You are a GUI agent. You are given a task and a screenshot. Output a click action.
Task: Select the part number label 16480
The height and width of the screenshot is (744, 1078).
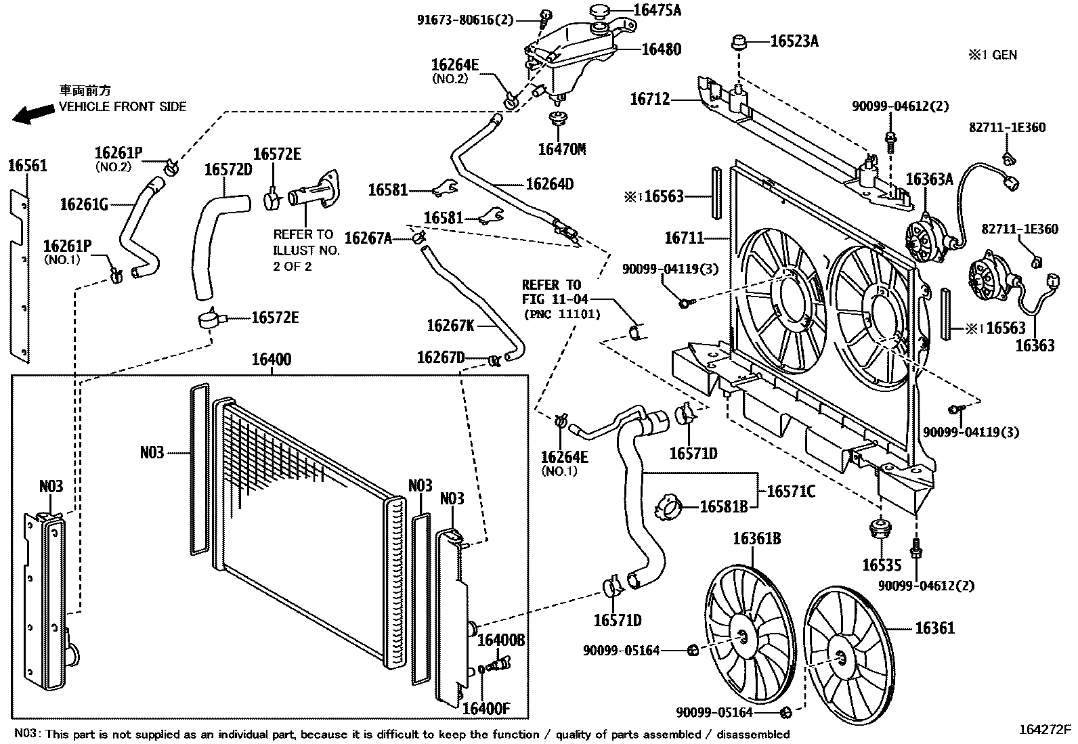click(661, 49)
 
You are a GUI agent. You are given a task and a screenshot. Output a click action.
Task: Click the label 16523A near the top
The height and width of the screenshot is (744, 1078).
click(794, 41)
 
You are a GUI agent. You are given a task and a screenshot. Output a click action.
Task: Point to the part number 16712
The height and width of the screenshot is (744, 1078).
click(649, 100)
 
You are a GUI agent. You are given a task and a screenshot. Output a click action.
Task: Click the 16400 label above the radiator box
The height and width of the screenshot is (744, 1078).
click(271, 359)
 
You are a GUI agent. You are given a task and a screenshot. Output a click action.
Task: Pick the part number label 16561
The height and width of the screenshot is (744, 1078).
click(28, 165)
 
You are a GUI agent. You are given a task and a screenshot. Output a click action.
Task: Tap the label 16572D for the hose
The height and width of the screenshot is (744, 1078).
click(228, 169)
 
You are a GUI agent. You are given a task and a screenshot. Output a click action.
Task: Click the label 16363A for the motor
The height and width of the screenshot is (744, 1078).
click(929, 179)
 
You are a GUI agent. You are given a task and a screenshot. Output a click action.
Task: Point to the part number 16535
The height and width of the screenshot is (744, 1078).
click(882, 565)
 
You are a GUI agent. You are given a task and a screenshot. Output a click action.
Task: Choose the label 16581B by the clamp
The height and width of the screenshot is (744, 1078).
click(723, 506)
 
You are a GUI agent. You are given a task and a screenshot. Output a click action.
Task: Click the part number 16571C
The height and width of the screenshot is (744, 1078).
click(791, 491)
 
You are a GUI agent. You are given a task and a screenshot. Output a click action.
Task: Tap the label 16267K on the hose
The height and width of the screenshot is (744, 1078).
click(450, 326)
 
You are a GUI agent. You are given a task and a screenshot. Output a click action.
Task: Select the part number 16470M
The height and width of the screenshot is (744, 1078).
click(561, 149)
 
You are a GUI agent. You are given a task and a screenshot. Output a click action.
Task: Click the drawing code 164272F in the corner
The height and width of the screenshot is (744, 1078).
click(1045, 730)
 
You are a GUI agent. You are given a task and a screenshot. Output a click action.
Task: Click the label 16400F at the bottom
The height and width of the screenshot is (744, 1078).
click(486, 709)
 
